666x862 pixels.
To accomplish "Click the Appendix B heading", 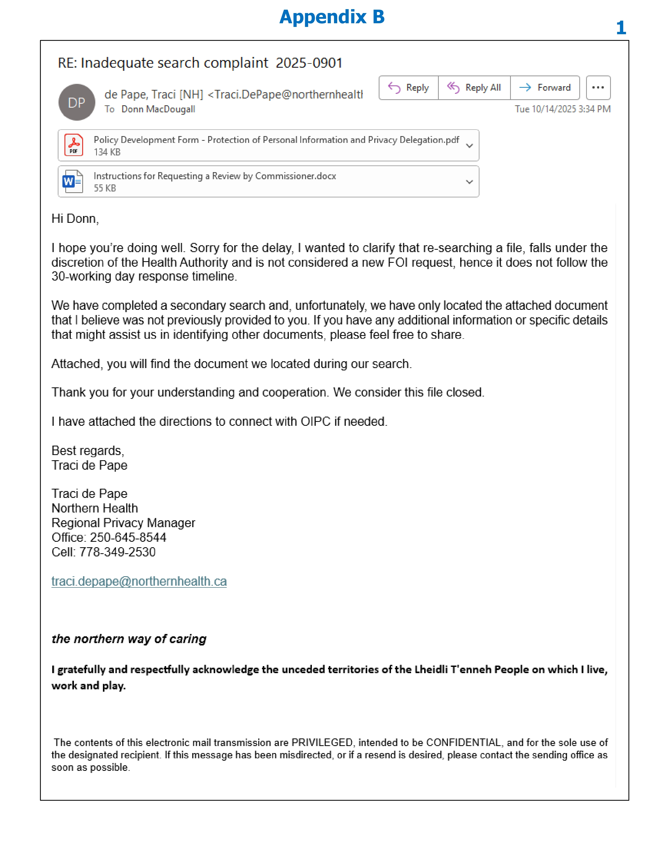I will (x=332, y=17).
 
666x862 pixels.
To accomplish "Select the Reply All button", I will (x=474, y=88).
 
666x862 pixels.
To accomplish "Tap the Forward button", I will (x=545, y=88).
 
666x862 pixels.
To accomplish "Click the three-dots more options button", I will (x=598, y=88).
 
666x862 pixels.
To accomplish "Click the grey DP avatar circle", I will (x=77, y=102).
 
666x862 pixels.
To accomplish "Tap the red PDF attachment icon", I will (x=74, y=145).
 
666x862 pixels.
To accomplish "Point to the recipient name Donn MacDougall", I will (x=158, y=109).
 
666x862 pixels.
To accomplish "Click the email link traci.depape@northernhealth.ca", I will (x=139, y=581).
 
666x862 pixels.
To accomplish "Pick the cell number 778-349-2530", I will (x=117, y=552).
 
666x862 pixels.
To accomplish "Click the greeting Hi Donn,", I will (x=75, y=219).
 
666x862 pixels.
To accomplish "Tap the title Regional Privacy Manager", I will (x=123, y=523).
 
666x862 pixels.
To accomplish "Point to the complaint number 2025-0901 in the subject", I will (x=309, y=63).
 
